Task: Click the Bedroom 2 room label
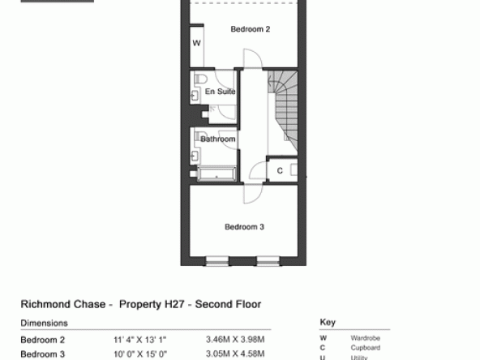(x=250, y=29)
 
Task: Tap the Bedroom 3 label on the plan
(x=244, y=227)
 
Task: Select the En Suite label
(x=220, y=92)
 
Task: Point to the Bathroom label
(x=218, y=139)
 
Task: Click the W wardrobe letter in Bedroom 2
(x=196, y=43)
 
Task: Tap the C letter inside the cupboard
(x=280, y=171)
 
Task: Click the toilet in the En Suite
(x=200, y=78)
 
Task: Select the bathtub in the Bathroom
(x=216, y=174)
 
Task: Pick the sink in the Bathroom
(x=195, y=156)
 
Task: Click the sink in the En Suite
(x=195, y=96)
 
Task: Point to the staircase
(x=282, y=111)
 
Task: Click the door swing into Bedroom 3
(x=253, y=194)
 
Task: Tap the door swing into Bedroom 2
(x=253, y=58)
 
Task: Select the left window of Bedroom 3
(x=216, y=261)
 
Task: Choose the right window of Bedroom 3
(x=268, y=261)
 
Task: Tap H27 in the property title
(x=174, y=304)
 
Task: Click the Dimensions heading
(x=44, y=324)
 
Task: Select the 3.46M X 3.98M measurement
(x=235, y=340)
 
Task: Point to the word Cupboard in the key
(x=366, y=348)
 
